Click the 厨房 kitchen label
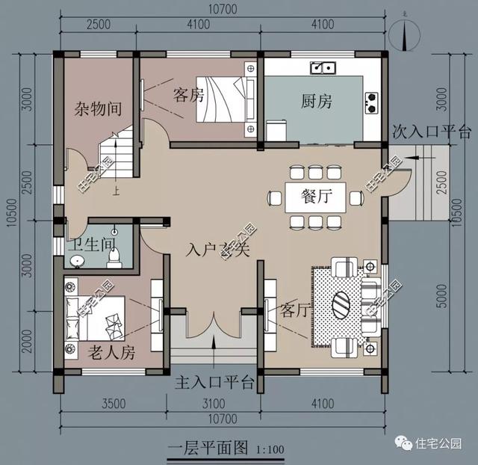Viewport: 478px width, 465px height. [317, 102]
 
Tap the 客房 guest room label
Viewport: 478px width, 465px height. [189, 95]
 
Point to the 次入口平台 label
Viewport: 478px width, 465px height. [432, 132]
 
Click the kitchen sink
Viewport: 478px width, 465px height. [323, 68]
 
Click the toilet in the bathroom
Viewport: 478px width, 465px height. [115, 256]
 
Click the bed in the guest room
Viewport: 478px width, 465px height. [220, 100]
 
